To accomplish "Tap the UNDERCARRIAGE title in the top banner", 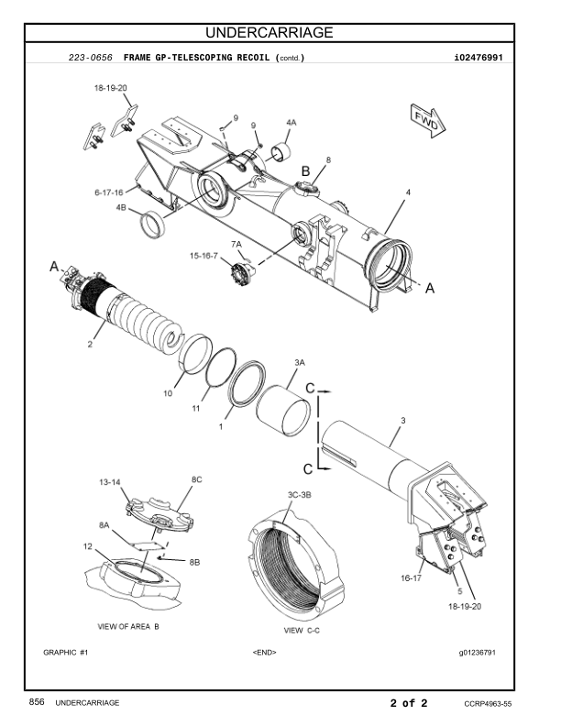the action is point(269,32).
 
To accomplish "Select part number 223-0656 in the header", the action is point(90,58).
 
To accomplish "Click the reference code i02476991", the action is point(478,58).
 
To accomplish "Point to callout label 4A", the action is point(291,122).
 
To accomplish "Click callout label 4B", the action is point(121,207).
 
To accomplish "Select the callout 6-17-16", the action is point(109,192).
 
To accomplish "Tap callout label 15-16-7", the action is point(203,256).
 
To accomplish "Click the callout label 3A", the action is point(300,362).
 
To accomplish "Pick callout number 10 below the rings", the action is point(168,393).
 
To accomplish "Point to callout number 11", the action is point(196,409).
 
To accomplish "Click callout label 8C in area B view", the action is point(197,479).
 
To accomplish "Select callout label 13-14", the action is point(110,482).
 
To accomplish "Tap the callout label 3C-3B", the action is point(300,495).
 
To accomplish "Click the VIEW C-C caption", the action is point(302,630).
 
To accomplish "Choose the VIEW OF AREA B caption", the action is point(128,626).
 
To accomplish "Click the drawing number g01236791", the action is point(478,653).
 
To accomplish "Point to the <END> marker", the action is point(264,653).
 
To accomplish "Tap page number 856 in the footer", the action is point(37,702).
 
